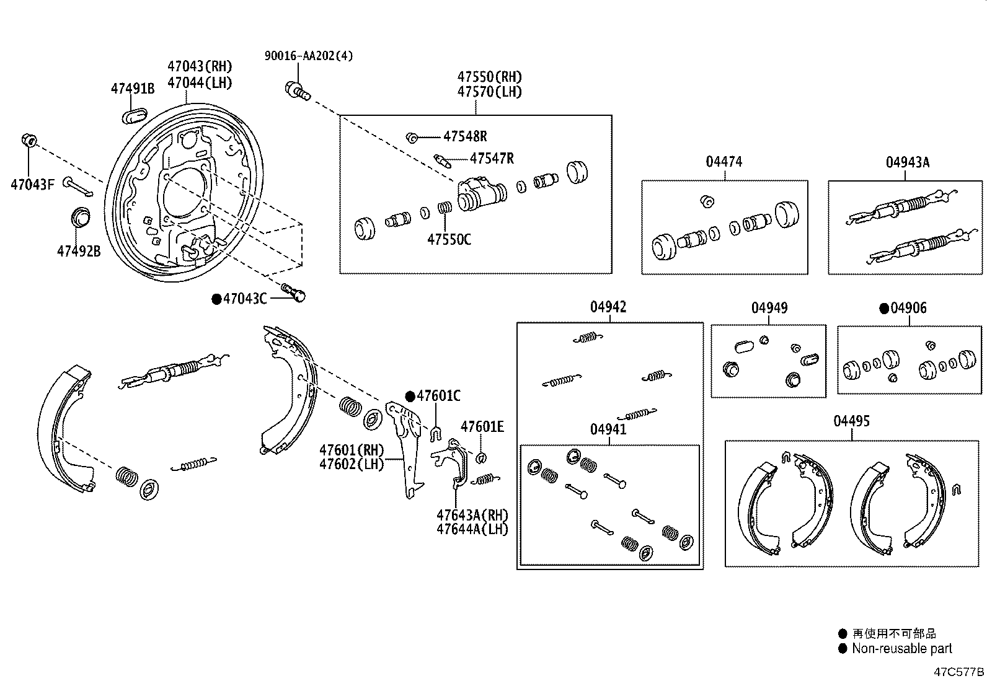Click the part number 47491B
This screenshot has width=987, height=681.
tap(132, 89)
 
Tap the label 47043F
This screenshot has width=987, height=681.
tap(32, 184)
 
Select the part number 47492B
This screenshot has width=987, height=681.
tap(79, 251)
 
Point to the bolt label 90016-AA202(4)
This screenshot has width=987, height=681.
tap(309, 56)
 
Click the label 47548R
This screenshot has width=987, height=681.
tap(465, 136)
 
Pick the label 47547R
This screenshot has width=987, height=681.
tap(492, 159)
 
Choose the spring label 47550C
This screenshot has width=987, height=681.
tap(449, 239)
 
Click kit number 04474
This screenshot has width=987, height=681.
tap(724, 162)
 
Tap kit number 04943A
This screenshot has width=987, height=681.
tap(907, 162)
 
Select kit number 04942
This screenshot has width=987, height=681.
tap(608, 307)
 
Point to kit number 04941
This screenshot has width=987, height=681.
tap(608, 429)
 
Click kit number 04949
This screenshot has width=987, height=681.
tap(769, 308)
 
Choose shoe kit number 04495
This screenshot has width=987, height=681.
tap(851, 421)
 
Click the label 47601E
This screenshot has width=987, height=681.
tap(482, 426)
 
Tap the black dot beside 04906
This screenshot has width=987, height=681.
tap(884, 309)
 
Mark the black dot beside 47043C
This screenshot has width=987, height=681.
tap(216, 299)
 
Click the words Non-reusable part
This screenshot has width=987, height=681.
tap(901, 649)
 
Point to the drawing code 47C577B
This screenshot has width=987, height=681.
tap(959, 672)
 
